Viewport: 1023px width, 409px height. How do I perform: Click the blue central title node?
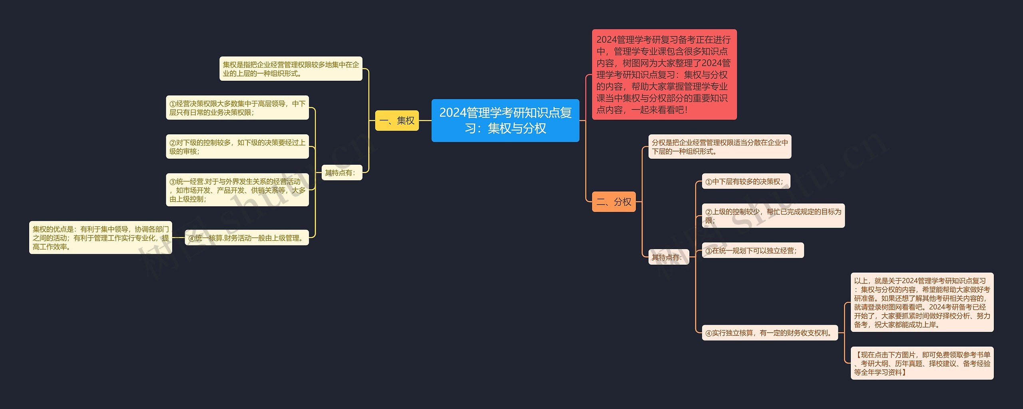pos(505,120)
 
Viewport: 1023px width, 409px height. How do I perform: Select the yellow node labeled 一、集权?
pos(397,120)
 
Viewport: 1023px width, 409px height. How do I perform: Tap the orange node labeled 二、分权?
pos(613,202)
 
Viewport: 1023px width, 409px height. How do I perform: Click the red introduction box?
pos(664,74)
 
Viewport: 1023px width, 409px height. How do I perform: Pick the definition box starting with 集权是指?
pos(291,69)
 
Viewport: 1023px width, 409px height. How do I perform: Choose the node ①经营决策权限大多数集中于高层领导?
pos(237,108)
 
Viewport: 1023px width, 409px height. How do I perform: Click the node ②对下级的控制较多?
pos(237,147)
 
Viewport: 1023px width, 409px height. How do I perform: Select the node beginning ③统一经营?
pos(237,190)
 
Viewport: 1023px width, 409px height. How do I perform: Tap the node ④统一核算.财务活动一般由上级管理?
pos(247,238)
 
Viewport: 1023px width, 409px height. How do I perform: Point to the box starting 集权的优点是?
pos(101,238)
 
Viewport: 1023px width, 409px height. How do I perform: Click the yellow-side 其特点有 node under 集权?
pos(342,173)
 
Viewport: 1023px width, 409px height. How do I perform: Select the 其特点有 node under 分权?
pos(669,257)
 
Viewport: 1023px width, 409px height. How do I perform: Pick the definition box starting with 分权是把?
pos(719,147)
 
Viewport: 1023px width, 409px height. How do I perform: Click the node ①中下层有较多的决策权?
pos(746,182)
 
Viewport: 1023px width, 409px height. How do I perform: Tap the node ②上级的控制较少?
pos(773,216)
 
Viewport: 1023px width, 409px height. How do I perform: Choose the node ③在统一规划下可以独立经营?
pos(752,251)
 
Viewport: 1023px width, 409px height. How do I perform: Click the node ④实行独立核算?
pos(770,333)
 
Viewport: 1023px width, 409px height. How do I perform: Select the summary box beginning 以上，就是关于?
pos(922,303)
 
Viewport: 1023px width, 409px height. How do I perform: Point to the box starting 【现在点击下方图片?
pos(922,363)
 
